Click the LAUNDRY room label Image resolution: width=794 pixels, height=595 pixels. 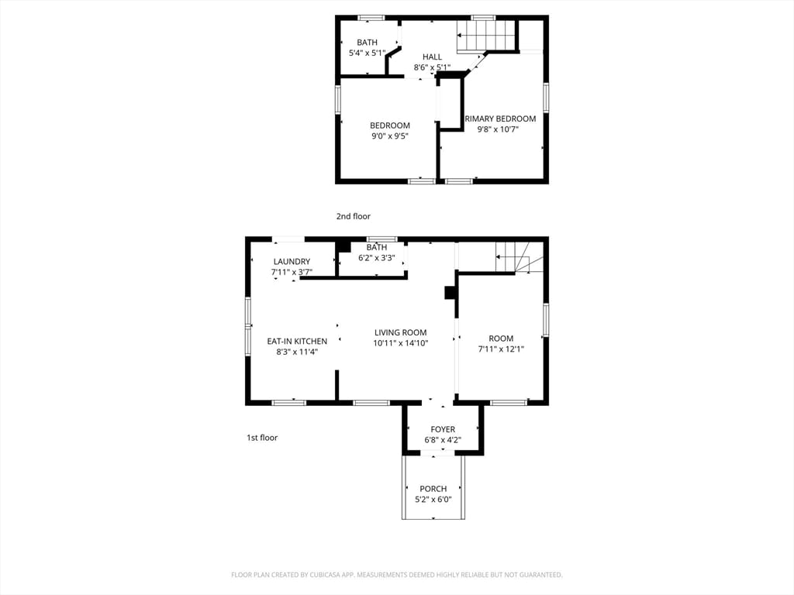(x=292, y=262)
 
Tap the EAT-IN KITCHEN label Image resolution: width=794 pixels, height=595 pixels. (x=297, y=341)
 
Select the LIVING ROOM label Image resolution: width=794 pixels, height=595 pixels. (x=400, y=332)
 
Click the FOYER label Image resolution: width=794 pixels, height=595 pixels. (x=443, y=429)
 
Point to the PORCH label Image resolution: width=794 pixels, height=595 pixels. (x=433, y=489)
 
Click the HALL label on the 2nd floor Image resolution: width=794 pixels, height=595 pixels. (x=432, y=57)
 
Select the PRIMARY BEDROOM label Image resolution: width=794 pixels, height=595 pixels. (x=499, y=119)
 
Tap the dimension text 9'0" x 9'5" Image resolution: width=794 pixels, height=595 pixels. (x=389, y=136)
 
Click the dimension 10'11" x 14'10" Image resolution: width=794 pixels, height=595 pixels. (x=400, y=343)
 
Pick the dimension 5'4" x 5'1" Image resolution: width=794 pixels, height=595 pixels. (x=367, y=53)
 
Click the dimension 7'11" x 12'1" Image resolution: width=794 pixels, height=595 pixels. (x=501, y=349)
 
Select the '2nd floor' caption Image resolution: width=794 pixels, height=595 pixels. (x=353, y=216)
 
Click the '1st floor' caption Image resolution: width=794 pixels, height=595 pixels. (x=262, y=438)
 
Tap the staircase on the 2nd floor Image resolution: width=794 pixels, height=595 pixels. (x=486, y=36)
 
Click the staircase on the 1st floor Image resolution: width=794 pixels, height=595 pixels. (x=513, y=256)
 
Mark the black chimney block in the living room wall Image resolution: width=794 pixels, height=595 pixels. (x=450, y=292)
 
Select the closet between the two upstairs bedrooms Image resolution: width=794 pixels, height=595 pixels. (x=450, y=101)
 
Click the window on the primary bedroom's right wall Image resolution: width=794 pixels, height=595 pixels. (x=546, y=98)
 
